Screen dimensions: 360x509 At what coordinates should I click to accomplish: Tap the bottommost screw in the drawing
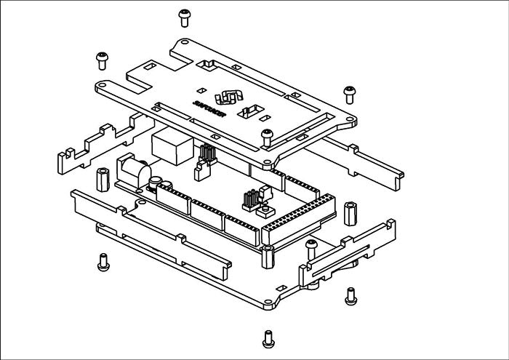click(x=268, y=337)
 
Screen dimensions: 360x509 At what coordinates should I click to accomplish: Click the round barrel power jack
click(x=133, y=170)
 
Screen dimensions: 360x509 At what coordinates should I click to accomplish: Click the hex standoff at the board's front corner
click(x=267, y=255)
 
